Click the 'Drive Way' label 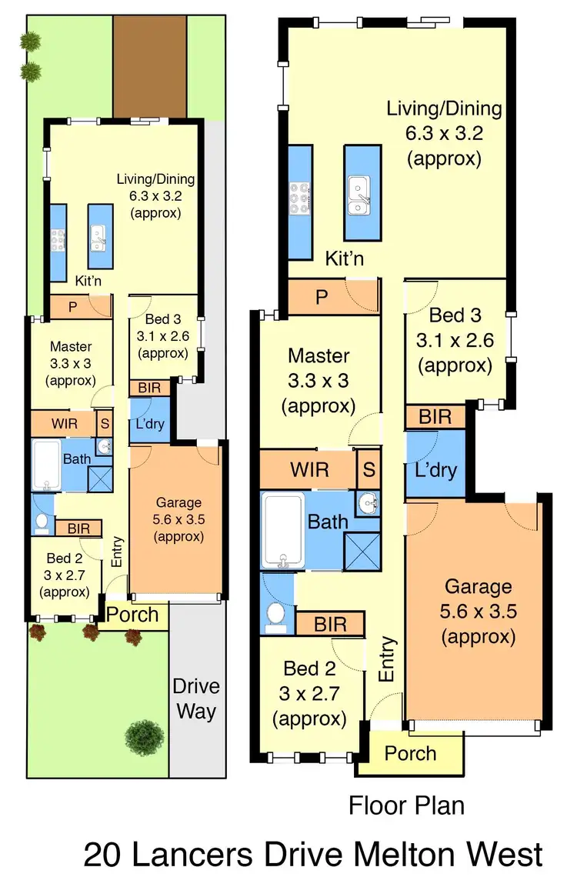tap(196, 698)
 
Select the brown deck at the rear tap(150, 66)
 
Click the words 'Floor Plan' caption tap(406, 805)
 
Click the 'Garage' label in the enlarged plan tap(478, 587)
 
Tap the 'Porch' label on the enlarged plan tap(410, 753)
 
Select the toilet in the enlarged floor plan tap(275, 614)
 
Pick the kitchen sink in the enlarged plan tap(358, 195)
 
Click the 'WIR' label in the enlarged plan tap(309, 469)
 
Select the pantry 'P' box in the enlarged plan tap(321, 298)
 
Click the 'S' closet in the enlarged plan tap(369, 469)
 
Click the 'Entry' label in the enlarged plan tap(388, 659)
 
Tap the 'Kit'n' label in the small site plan tap(88, 282)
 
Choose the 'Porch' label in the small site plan tap(132, 615)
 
